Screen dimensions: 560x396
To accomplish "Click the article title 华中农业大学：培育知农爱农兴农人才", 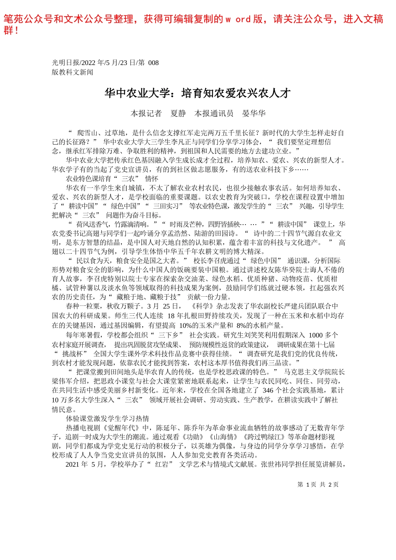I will coord(198,93).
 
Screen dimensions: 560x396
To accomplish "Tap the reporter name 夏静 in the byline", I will coord(178,113).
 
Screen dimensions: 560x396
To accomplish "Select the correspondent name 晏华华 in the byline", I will coord(254,113).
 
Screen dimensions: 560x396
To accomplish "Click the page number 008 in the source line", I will coord(153,63).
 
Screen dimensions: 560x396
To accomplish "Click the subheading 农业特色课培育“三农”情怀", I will coord(112,179).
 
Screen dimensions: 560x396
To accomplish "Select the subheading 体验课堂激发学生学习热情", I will coord(108,418).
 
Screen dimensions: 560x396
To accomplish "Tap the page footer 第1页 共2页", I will coord(318,485).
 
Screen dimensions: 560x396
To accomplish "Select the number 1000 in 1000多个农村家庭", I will coord(316,335).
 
